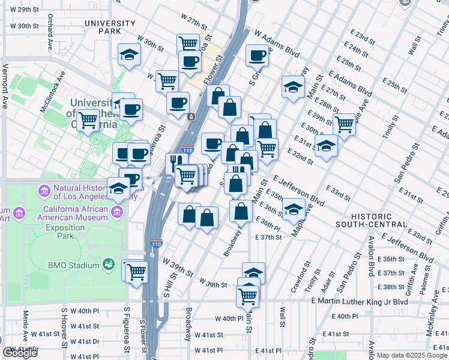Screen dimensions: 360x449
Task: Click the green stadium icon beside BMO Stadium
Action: coord(109,264)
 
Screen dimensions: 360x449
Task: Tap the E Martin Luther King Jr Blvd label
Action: coord(360,301)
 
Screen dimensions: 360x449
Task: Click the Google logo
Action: coord(20,353)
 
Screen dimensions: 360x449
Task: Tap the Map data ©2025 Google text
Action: coord(412,355)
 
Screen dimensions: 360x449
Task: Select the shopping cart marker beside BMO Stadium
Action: coord(137,271)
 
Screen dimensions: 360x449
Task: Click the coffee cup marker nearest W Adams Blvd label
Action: coord(258,56)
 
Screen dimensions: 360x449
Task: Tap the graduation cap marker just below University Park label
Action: coord(128,56)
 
